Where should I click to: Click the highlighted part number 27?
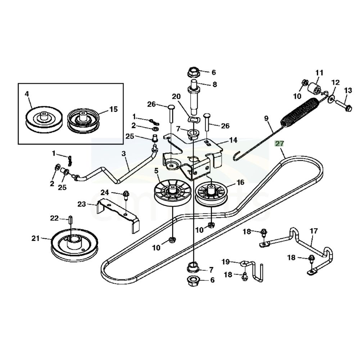(x=279, y=143)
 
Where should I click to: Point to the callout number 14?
(x=233, y=140)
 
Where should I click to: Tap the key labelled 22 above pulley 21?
(x=71, y=220)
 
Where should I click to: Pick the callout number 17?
(x=314, y=231)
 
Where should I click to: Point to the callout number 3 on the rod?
(x=124, y=154)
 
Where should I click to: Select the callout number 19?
(x=225, y=262)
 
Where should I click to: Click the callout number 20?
(x=176, y=96)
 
